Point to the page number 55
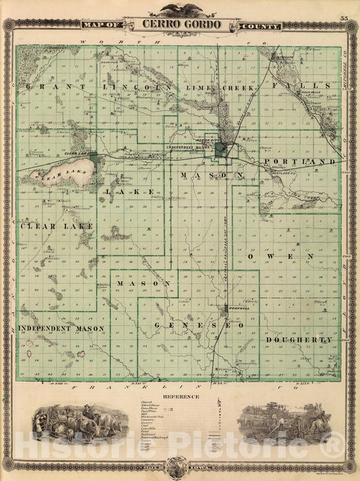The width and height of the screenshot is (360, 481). pyautogui.click(x=344, y=18)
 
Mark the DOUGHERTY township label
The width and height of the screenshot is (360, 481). pyautogui.click(x=298, y=340)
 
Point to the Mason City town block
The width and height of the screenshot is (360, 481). pyautogui.click(x=222, y=150)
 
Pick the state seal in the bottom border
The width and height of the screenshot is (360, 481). pyautogui.click(x=179, y=466)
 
